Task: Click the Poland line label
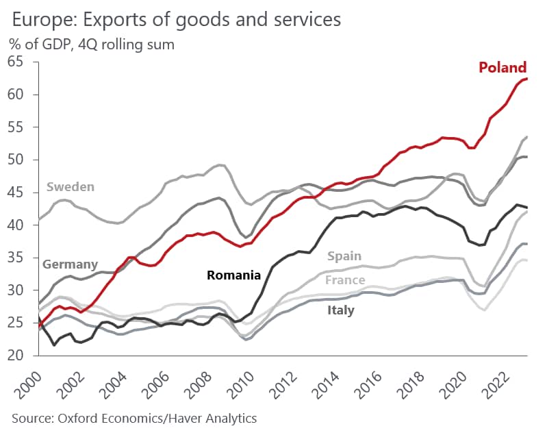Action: (x=503, y=67)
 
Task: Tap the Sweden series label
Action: (x=71, y=186)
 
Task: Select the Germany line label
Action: (x=70, y=264)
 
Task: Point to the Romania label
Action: (x=233, y=275)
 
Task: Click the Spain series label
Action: (x=344, y=257)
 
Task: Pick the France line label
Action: (x=345, y=280)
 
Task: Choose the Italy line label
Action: (x=340, y=310)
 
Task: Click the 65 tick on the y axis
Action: (x=16, y=62)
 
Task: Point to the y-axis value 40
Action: (x=16, y=225)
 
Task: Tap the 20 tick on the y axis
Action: (x=16, y=356)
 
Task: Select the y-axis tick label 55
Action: (x=16, y=127)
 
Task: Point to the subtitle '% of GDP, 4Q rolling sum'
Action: (x=92, y=44)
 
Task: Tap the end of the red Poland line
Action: (x=526, y=79)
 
